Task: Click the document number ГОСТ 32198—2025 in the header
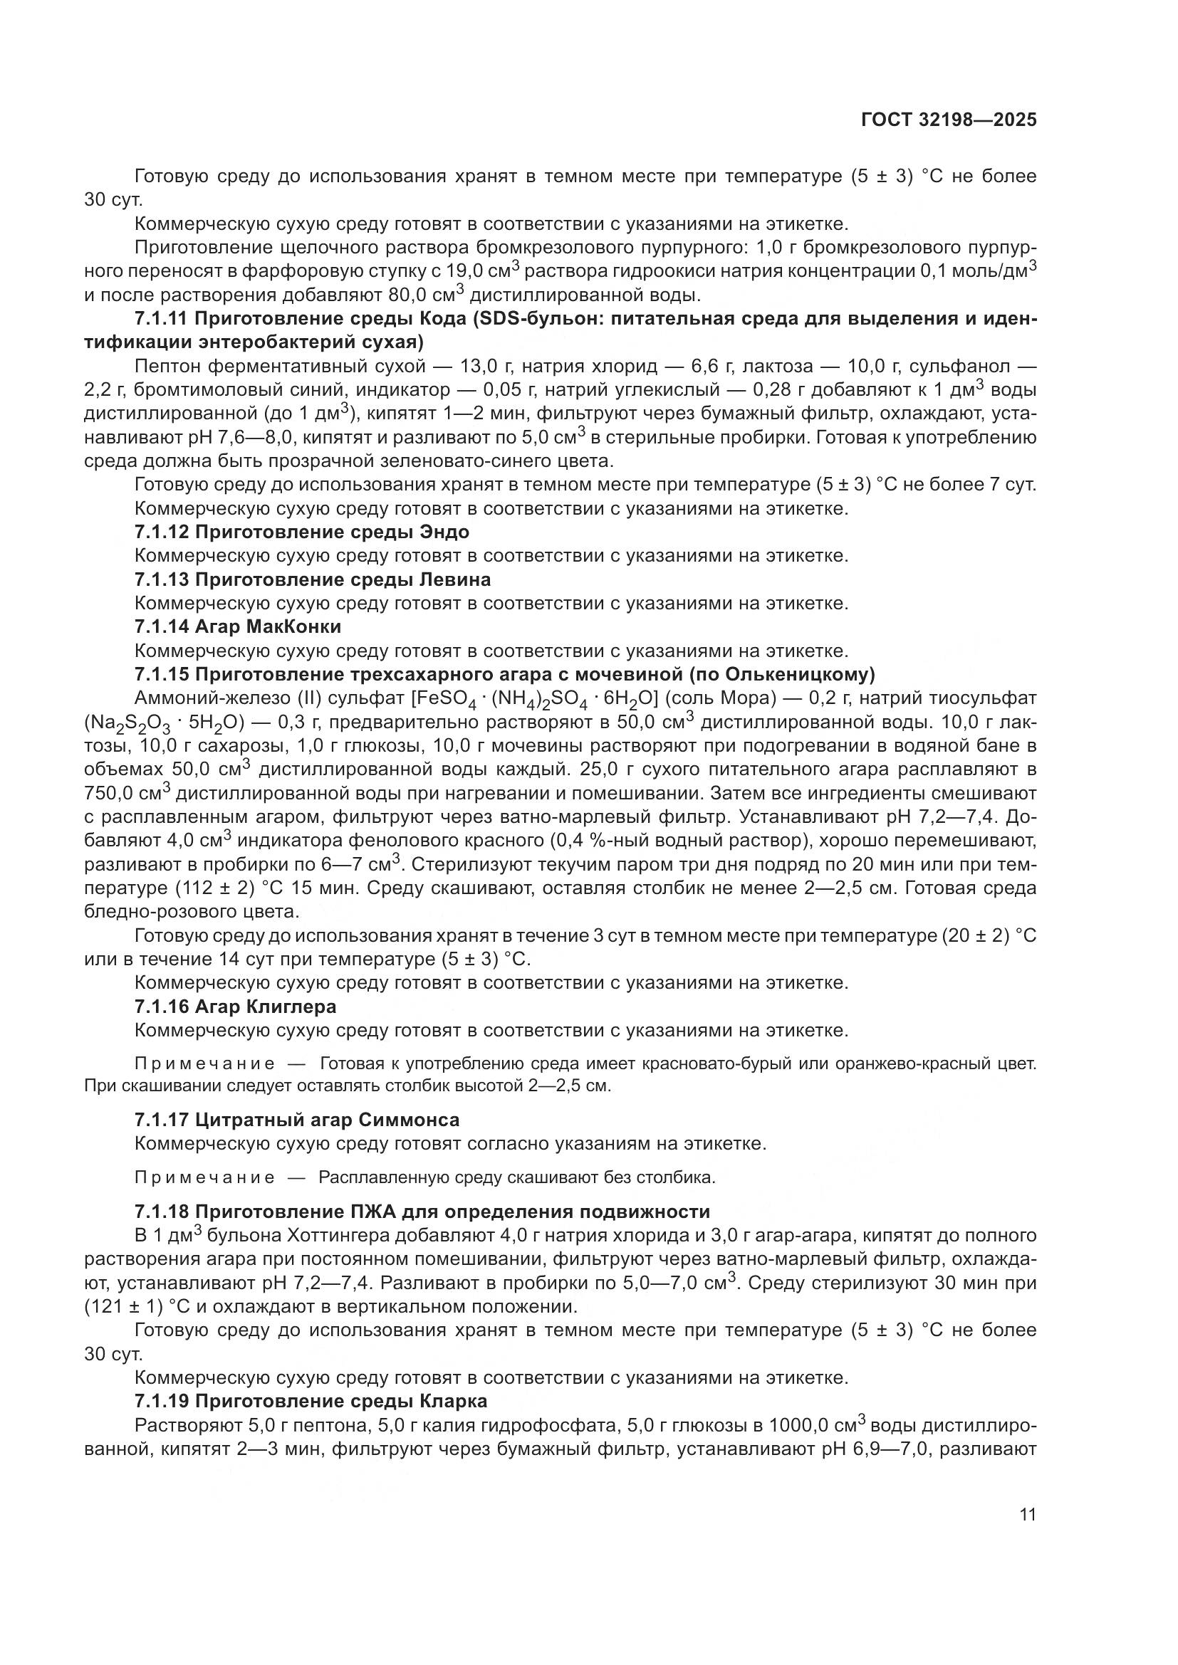[x=948, y=120]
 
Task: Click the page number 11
[x=1027, y=1515]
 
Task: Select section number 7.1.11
[x=162, y=319]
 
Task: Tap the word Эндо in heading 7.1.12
[x=444, y=532]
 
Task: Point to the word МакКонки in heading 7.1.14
[x=298, y=626]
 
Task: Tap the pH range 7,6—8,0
[x=269, y=438]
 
